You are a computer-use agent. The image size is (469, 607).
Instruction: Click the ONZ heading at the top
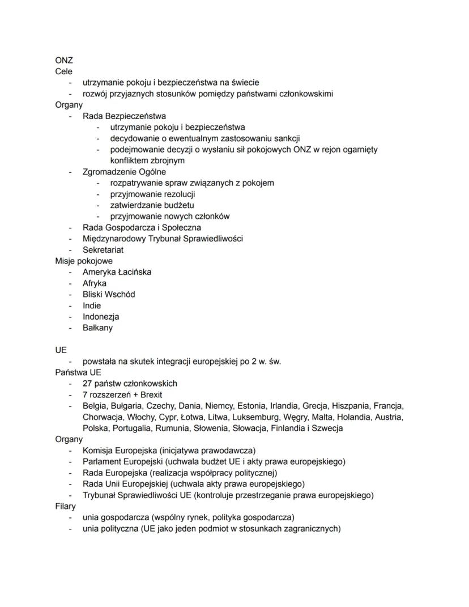tap(64, 60)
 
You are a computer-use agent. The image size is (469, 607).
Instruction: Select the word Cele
tap(63, 71)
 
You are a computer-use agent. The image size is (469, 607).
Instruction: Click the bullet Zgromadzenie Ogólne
tap(125, 172)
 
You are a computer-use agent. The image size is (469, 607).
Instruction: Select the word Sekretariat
tap(103, 249)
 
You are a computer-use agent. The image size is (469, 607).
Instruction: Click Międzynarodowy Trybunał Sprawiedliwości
tap(163, 239)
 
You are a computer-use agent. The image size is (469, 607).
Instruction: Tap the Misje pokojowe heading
tap(83, 261)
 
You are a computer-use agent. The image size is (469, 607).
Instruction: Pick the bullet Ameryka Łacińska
tap(117, 272)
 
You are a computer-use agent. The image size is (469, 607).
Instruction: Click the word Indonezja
tap(101, 316)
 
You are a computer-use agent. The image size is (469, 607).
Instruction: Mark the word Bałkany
tap(97, 328)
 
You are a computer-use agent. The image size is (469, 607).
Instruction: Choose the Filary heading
tap(65, 506)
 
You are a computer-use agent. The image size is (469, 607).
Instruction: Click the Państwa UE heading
tap(78, 372)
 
